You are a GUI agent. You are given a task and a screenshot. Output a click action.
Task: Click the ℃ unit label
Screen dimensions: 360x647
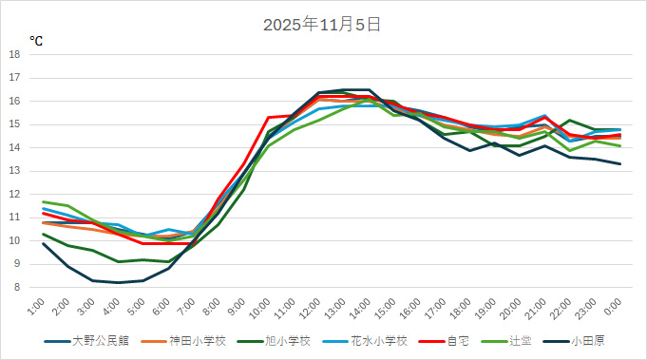pos(36,41)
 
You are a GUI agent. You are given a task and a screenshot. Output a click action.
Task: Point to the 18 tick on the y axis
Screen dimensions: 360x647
pos(15,54)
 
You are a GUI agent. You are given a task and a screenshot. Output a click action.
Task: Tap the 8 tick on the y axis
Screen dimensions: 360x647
pos(18,287)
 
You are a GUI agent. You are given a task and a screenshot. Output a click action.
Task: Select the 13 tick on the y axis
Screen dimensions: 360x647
pos(15,171)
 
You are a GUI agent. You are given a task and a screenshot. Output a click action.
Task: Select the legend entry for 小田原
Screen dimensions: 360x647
pos(582,341)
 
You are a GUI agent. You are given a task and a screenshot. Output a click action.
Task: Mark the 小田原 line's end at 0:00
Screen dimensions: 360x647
pos(620,163)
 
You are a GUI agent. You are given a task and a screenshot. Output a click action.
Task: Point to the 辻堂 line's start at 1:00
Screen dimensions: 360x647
pos(44,201)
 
